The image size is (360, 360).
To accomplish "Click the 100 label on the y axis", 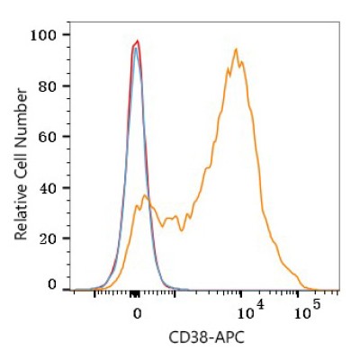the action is [x=43, y=35].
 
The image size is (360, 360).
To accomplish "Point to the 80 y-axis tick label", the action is [x=48, y=86].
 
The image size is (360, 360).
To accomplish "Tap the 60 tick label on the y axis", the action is [x=48, y=137].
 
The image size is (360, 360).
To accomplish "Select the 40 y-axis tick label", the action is [x=48, y=188].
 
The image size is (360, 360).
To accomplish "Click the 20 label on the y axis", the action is [x=48, y=238].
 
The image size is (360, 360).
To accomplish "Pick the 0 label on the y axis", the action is [x=52, y=284].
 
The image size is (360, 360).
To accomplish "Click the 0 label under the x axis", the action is [x=137, y=313].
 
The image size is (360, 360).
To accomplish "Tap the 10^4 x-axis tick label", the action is [x=251, y=310].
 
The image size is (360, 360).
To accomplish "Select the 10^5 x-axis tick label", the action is [x=308, y=310].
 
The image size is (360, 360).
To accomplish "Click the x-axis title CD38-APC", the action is [x=206, y=337].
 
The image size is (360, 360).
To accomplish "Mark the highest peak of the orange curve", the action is [x=236, y=49].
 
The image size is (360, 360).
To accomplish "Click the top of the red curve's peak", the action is [x=138, y=40].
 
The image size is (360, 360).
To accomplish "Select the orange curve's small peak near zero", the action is [x=145, y=195].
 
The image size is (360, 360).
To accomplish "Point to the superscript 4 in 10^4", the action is [x=260, y=305].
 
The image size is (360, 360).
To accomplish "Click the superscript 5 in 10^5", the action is [x=316, y=306].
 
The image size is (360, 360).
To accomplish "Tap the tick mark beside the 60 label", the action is [x=66, y=137].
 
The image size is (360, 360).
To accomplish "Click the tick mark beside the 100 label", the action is [x=66, y=35].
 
